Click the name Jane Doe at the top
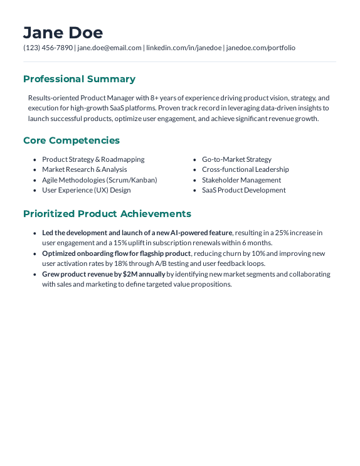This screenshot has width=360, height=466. click(63, 33)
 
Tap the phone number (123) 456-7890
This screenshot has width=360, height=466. click(48, 48)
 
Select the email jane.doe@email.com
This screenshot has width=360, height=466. click(109, 48)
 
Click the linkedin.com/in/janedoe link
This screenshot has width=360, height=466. click(184, 48)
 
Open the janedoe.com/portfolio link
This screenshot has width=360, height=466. click(260, 48)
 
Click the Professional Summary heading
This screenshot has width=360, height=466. click(79, 79)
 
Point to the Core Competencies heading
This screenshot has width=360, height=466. click(71, 140)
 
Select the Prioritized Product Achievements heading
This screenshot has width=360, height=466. click(107, 214)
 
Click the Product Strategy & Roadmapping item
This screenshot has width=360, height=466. click(93, 159)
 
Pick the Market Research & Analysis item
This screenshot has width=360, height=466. click(84, 169)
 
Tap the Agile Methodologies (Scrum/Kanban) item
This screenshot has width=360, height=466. click(99, 180)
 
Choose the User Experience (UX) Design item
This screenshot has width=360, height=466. click(86, 190)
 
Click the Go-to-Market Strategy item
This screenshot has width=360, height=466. click(236, 159)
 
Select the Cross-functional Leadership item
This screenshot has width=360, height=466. click(245, 169)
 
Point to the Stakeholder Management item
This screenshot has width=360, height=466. click(241, 180)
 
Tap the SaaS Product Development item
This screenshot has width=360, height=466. click(243, 190)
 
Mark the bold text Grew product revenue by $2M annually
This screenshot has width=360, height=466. click(103, 274)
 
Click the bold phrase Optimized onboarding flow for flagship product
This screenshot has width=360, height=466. click(116, 253)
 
